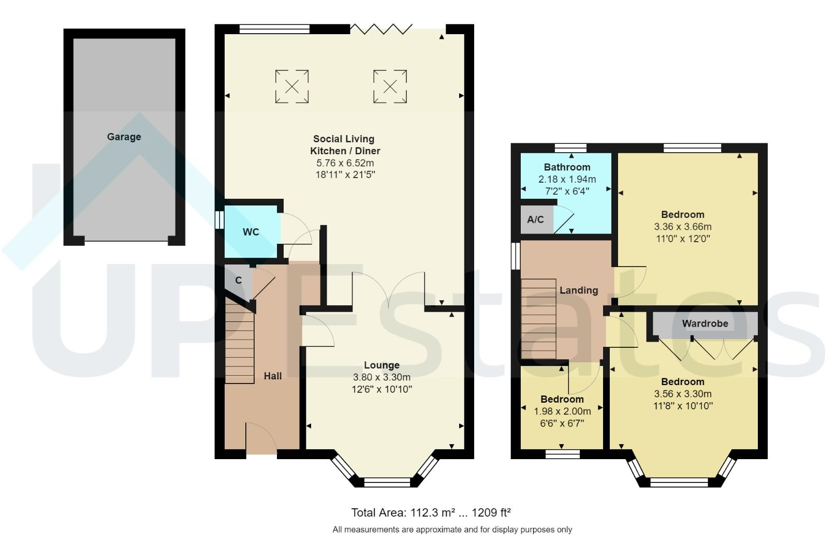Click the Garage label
[124, 137]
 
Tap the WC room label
[251, 232]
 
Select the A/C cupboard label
[535, 219]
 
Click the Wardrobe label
[705, 323]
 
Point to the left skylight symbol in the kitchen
[292, 86]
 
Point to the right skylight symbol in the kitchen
[390, 86]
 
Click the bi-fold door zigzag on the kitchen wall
[381, 28]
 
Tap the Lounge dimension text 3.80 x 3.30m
[382, 377]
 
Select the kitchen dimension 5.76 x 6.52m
[345, 163]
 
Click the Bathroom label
[567, 167]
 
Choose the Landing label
[578, 290]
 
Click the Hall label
[273, 376]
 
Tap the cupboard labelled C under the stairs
[238, 281]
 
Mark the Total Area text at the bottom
[431, 513]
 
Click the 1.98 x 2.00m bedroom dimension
[562, 411]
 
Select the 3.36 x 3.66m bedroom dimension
[682, 227]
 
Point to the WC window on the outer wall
[219, 219]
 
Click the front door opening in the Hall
[261, 453]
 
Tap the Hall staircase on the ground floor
[240, 344]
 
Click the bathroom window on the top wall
[570, 148]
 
